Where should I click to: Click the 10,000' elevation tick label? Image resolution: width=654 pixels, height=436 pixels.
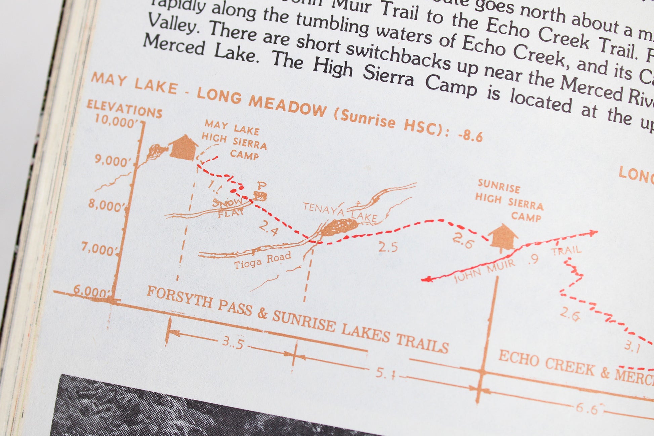click(116, 121)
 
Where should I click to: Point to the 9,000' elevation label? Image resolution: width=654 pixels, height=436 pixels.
click(112, 161)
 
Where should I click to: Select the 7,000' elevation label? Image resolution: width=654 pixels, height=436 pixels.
click(99, 249)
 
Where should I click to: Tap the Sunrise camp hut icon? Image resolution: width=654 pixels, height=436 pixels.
click(503, 237)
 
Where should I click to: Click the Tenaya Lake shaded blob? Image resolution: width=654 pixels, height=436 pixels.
click(338, 227)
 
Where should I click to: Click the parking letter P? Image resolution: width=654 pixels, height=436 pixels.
click(261, 185)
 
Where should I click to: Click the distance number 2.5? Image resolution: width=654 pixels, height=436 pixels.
click(388, 247)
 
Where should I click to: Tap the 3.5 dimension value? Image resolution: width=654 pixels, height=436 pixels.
click(233, 343)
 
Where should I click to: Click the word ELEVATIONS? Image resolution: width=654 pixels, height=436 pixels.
click(124, 109)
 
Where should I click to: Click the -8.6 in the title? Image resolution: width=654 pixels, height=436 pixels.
click(471, 135)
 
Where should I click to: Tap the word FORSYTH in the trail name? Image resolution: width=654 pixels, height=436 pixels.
click(179, 296)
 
